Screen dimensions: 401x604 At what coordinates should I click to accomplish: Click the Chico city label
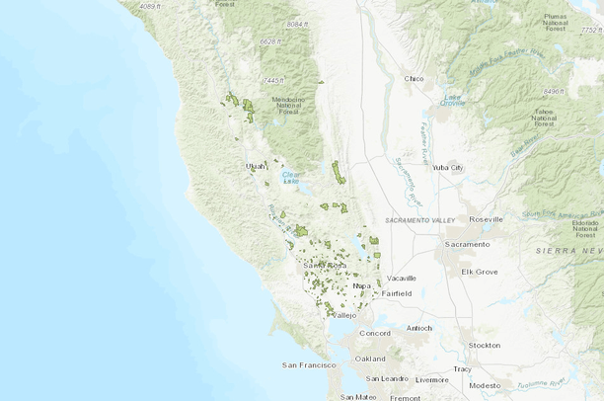[415, 79]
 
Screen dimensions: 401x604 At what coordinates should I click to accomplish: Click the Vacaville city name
[402, 279]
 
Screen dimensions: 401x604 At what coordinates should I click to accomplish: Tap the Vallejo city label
[342, 315]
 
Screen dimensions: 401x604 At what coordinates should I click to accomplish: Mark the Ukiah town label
[256, 166]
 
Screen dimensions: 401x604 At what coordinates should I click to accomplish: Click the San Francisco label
[309, 365]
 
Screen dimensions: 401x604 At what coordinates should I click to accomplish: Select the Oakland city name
[370, 358]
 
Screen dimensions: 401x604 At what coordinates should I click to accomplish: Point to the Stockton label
[484, 345]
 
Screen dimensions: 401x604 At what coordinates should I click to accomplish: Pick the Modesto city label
[485, 385]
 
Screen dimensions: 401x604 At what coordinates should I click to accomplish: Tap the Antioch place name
[417, 328]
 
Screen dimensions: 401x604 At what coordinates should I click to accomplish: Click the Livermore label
[432, 379]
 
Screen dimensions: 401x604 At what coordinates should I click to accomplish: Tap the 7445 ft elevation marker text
[273, 79]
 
